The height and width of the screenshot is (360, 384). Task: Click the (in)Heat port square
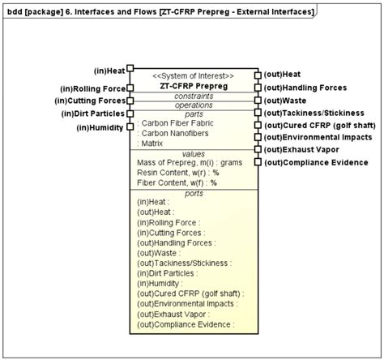pyautogui.click(x=130, y=70)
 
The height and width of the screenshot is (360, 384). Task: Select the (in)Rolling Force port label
pyautogui.click(x=92, y=88)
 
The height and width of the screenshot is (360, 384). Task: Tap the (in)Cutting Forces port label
pyautogui.click(x=89, y=101)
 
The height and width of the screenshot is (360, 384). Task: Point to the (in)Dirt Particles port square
pyautogui.click(x=130, y=114)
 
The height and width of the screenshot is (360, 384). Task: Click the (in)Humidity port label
pyautogui.click(x=100, y=127)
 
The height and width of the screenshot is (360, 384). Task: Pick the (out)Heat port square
pyautogui.click(x=258, y=75)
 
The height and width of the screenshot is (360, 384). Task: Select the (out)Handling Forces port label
pyautogui.click(x=305, y=88)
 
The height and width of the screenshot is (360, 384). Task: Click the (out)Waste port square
pyautogui.click(x=258, y=101)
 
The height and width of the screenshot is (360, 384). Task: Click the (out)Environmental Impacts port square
pyautogui.click(x=258, y=137)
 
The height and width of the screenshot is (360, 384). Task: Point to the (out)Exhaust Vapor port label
pyautogui.click(x=300, y=150)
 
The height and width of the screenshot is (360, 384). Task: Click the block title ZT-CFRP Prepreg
pyautogui.click(x=194, y=85)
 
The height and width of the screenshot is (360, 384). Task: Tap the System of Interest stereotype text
pyautogui.click(x=194, y=75)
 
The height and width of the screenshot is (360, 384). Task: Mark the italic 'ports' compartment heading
pyautogui.click(x=194, y=193)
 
